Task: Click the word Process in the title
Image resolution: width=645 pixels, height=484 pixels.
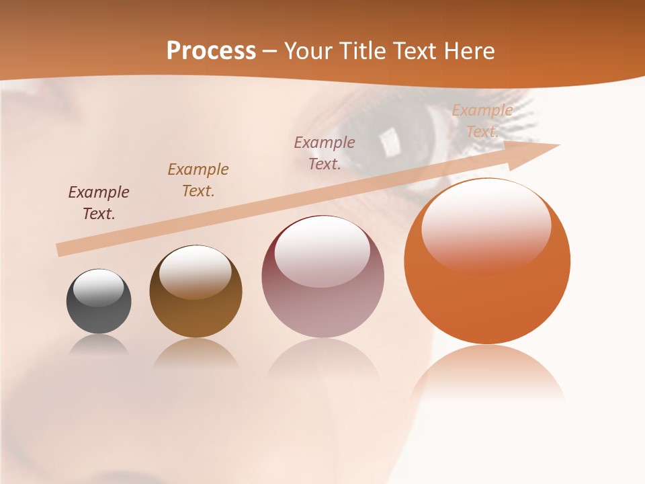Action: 211,51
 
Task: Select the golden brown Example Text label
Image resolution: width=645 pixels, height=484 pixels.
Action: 198,180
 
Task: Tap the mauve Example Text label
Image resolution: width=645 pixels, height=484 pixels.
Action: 325,153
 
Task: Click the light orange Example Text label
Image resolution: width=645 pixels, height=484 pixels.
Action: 482,121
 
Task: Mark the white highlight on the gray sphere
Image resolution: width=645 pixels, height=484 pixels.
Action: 99,288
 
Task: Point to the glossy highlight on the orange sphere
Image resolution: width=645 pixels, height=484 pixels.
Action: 486,225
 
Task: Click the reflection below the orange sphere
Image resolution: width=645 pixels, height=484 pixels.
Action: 487,373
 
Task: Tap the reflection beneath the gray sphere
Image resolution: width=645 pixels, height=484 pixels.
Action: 99,345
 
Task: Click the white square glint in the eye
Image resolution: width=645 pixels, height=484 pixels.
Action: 388,140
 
